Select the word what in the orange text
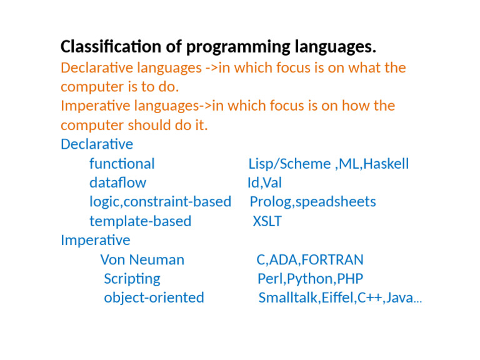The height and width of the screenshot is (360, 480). [x=361, y=67]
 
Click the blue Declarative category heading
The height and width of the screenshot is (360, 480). [x=97, y=144]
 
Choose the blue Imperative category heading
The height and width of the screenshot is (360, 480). [x=96, y=240]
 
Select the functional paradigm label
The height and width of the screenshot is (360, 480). [x=122, y=164]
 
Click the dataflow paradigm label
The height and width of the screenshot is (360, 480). [x=117, y=183]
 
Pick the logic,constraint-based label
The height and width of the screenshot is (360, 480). [x=160, y=202]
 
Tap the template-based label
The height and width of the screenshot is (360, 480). [x=140, y=221]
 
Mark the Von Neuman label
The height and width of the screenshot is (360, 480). [x=142, y=259]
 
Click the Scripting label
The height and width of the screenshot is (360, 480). [x=132, y=279]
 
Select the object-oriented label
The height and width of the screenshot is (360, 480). [x=154, y=297]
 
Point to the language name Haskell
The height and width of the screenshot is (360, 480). [x=386, y=164]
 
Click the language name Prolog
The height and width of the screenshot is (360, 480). [x=267, y=202]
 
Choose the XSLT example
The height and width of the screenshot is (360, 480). [x=267, y=221]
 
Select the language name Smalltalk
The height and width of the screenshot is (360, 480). [x=288, y=298]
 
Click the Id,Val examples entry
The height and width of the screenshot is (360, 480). [x=264, y=183]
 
